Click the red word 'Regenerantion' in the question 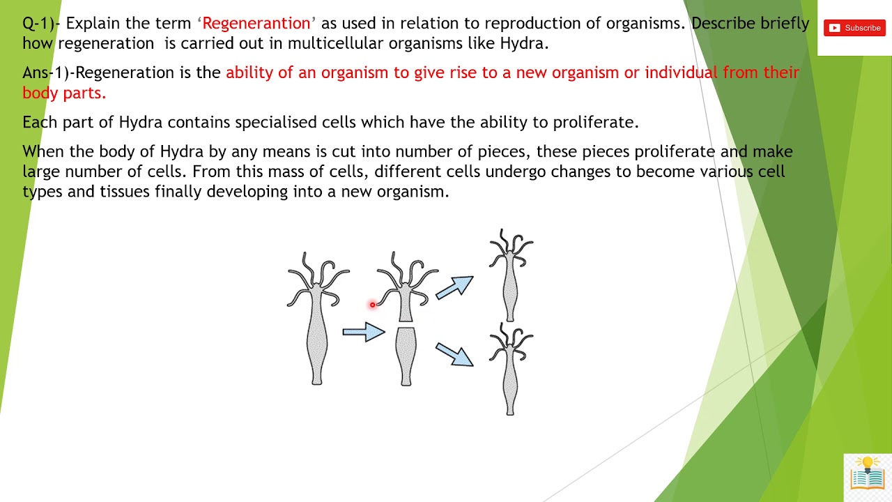pos(256,23)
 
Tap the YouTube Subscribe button pos(854,28)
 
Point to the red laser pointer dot pos(373,305)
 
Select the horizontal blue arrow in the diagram pos(363,333)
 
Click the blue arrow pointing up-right pos(455,287)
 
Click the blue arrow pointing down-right pos(455,353)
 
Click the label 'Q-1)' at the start pos(38,23)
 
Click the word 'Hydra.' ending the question pos(524,43)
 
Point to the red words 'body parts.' pos(64,93)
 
